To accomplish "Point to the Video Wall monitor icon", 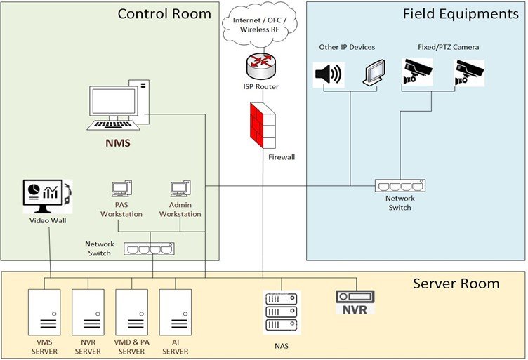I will click(x=47, y=196).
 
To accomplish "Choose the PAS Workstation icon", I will click(x=121, y=189).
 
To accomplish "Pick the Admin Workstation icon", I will click(x=180, y=189).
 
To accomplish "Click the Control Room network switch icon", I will click(x=149, y=248).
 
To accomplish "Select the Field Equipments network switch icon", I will click(x=400, y=186).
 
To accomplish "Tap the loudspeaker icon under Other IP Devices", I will click(x=328, y=74).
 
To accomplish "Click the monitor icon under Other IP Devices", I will click(x=374, y=73).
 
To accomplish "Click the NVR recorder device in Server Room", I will click(x=355, y=302).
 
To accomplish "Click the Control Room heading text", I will click(x=164, y=13).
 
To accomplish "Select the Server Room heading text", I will click(x=456, y=284).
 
